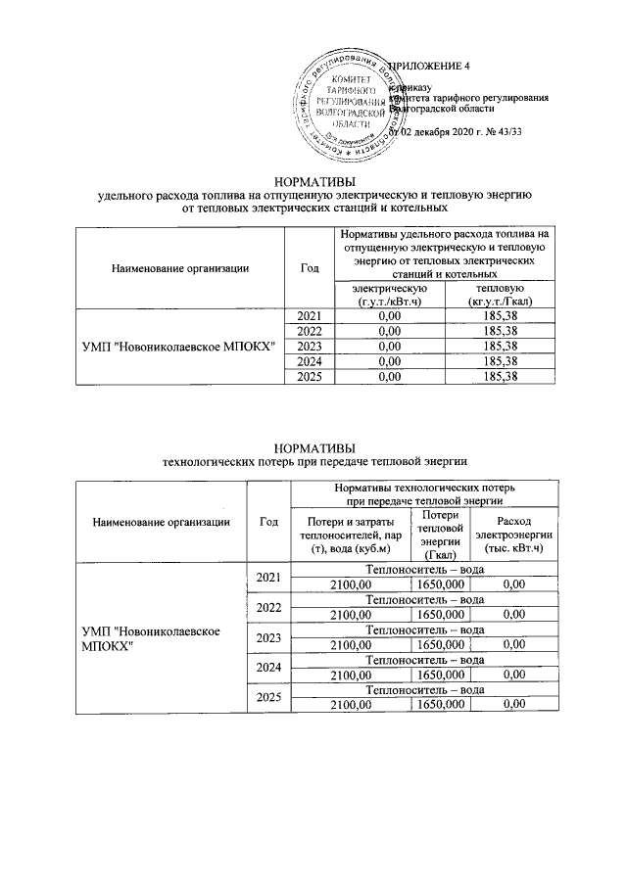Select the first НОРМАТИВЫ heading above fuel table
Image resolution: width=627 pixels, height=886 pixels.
pos(314,181)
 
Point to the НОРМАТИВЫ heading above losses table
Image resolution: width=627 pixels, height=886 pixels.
pos(314,445)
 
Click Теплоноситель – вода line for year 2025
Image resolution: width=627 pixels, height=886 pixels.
pos(424,690)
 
